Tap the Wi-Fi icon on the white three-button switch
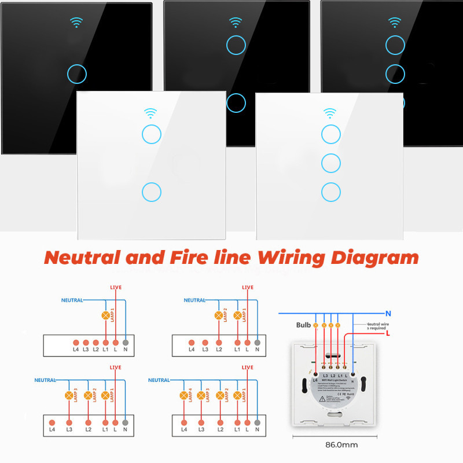330,112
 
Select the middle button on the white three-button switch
331,163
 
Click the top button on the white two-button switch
150,134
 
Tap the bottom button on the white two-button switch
150,192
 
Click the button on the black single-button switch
76,74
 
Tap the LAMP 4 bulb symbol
185,396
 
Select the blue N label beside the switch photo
388,313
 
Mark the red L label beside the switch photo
387,335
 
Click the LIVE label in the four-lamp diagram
247,368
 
